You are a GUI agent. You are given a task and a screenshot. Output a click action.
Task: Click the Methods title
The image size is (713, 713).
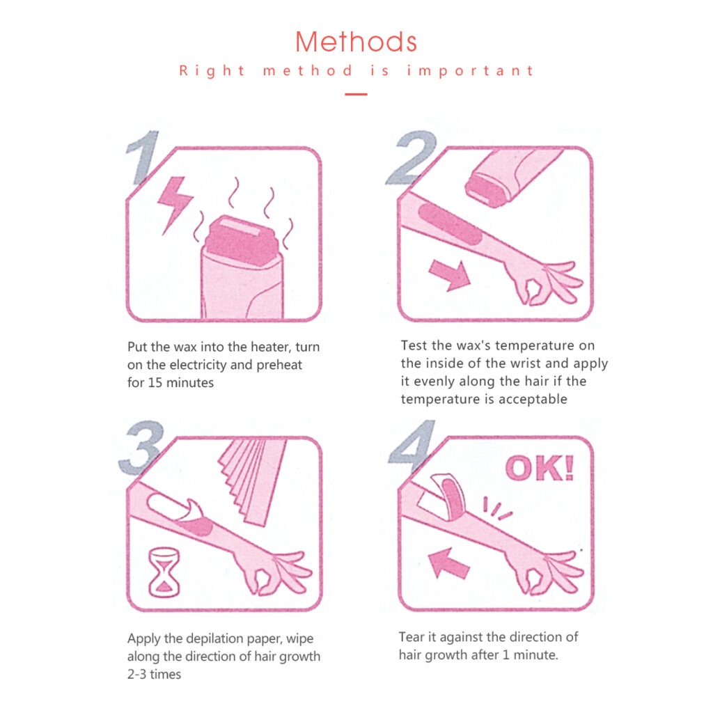pyautogui.click(x=356, y=42)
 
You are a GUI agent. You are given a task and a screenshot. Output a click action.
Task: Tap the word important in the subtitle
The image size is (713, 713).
pyautogui.click(x=470, y=71)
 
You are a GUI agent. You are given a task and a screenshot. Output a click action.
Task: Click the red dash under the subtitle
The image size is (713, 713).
pyautogui.click(x=356, y=94)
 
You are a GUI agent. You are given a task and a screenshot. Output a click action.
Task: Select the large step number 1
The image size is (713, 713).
pyautogui.click(x=143, y=157)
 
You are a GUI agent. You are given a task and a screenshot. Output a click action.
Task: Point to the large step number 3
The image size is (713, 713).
pyautogui.click(x=141, y=448)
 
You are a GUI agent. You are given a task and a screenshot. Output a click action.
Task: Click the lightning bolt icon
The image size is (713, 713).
pyautogui.click(x=174, y=205)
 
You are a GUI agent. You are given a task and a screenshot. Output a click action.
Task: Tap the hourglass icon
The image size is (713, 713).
pyautogui.click(x=164, y=572)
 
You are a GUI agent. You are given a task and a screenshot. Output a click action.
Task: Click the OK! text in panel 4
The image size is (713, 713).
pyautogui.click(x=540, y=468)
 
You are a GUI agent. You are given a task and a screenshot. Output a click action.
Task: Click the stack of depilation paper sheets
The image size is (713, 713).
pyautogui.click(x=253, y=481)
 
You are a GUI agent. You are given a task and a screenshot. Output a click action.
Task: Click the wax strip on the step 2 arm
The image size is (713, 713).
pyautogui.click(x=450, y=224)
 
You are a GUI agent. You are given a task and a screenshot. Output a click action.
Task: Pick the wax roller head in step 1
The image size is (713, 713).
pyautogui.click(x=241, y=242)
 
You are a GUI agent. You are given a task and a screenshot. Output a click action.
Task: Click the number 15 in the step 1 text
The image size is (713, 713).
pyautogui.click(x=155, y=383)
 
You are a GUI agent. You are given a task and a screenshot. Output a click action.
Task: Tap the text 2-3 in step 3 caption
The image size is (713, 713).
pyautogui.click(x=137, y=674)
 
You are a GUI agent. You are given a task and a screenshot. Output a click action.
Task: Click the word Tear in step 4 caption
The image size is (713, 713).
pyautogui.click(x=412, y=637)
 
